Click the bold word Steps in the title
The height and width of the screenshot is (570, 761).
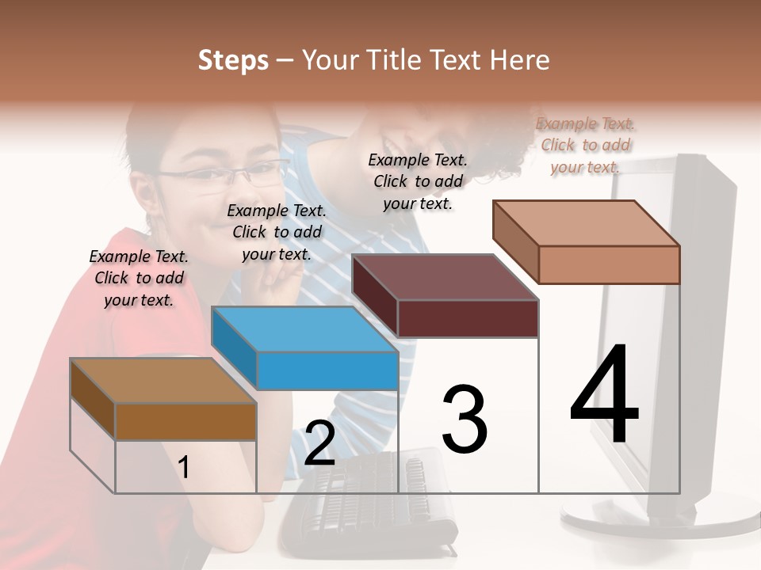(233, 60)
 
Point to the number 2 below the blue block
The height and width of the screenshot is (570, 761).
(319, 443)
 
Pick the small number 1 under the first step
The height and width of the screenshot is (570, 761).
(184, 467)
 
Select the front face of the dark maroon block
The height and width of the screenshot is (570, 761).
(468, 319)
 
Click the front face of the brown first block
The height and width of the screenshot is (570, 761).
(185, 421)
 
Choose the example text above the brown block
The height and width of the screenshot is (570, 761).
(139, 278)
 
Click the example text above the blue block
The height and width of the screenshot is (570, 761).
(277, 232)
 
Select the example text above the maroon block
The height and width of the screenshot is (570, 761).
(418, 181)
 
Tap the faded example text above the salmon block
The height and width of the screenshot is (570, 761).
(586, 145)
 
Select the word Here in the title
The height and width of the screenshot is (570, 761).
(520, 60)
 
